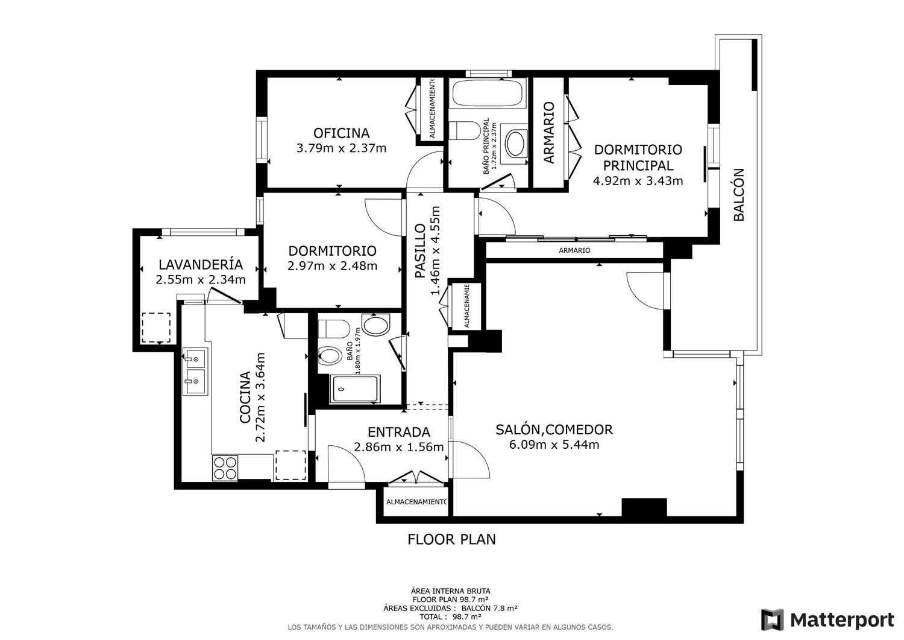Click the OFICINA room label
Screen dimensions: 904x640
(342, 133)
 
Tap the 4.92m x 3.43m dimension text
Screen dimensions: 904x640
(638, 180)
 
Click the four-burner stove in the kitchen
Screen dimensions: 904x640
(225, 467)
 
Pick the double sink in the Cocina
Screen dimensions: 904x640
(195, 372)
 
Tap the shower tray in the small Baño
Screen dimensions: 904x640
(355, 389)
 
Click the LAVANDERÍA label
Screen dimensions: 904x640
(201, 265)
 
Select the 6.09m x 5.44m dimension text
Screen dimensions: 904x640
(554, 445)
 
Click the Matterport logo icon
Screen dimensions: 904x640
(773, 619)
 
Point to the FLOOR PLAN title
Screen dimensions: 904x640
(451, 539)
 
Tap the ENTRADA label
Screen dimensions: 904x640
(399, 432)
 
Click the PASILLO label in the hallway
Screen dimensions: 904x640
(421, 251)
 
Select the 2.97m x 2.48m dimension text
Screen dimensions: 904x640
(332, 266)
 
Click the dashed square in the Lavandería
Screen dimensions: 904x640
(155, 328)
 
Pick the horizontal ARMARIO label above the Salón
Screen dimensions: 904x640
(574, 250)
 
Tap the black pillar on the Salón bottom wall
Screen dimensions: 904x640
(644, 507)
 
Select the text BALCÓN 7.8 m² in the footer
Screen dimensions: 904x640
(489, 608)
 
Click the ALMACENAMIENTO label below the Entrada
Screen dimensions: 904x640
(416, 502)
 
